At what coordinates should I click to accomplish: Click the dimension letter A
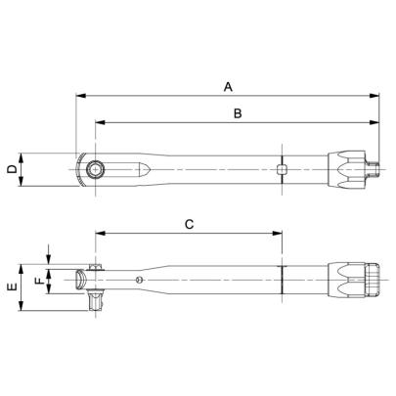tap(227, 86)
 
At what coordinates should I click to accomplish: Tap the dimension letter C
tap(189, 224)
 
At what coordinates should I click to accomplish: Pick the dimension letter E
tap(11, 288)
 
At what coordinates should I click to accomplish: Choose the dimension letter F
tap(39, 281)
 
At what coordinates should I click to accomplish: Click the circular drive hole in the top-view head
tap(95, 170)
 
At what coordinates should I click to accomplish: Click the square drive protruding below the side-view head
tap(94, 303)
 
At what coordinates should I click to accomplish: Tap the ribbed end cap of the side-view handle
tap(373, 281)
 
